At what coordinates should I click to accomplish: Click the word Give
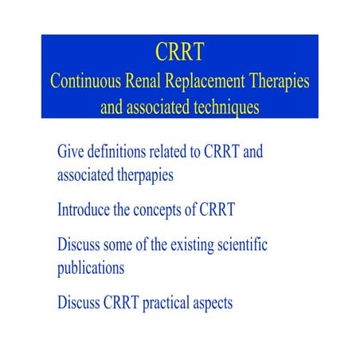[71, 151]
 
